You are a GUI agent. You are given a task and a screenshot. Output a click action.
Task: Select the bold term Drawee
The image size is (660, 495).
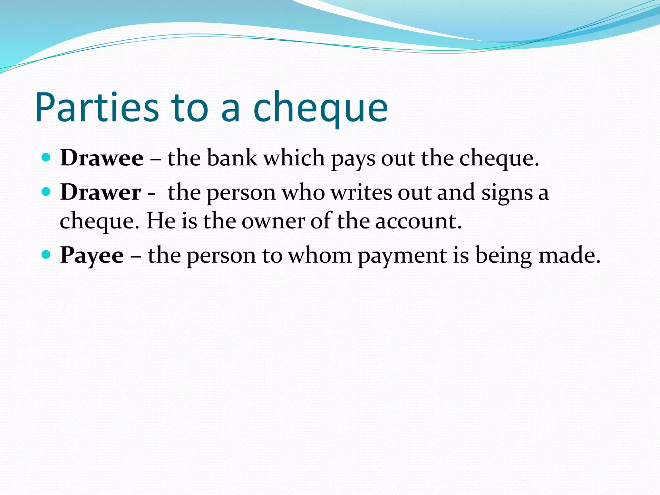(x=102, y=158)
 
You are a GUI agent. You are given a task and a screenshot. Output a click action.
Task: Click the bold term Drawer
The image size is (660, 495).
(x=101, y=192)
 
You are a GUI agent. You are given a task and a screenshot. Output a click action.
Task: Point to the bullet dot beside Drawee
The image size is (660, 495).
(x=46, y=157)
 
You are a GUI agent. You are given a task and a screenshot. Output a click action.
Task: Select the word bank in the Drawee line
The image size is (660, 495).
(x=232, y=158)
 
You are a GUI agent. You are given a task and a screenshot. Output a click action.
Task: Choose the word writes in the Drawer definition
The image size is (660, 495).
(x=361, y=192)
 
